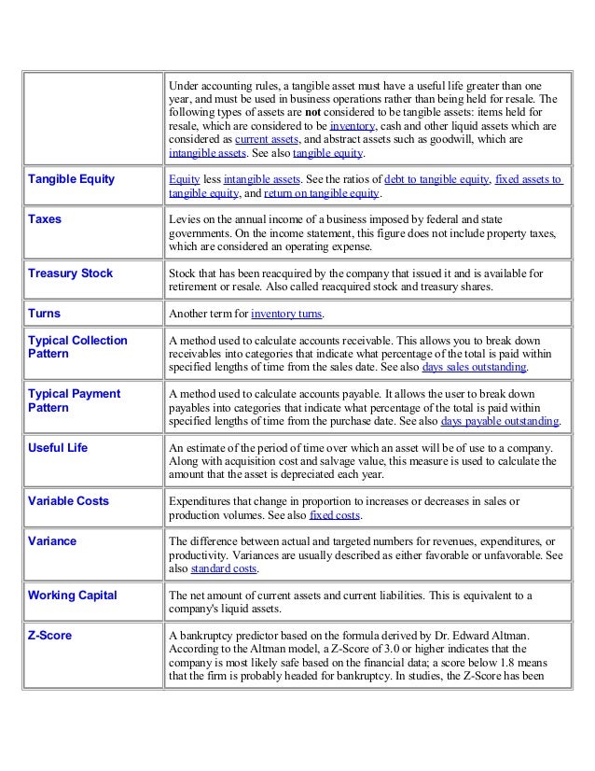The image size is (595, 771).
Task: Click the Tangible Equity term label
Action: pyautogui.click(x=71, y=179)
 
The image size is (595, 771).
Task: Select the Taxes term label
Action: pyautogui.click(x=47, y=219)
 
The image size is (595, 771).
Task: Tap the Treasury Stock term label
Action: pyautogui.click(x=71, y=273)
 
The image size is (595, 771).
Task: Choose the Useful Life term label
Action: pyautogui.click(x=58, y=448)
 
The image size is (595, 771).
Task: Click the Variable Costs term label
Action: pyautogui.click(x=68, y=501)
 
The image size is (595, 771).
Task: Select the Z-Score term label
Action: pyautogui.click(x=50, y=636)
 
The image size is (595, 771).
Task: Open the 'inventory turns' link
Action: pyautogui.click(x=286, y=315)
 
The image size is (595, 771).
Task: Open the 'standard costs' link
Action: pyautogui.click(x=225, y=568)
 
